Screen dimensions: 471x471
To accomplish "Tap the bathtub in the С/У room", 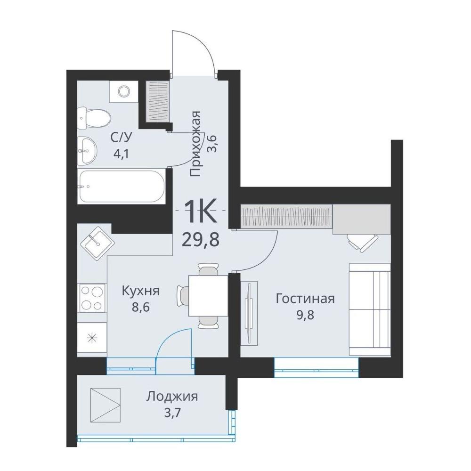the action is click(122, 186).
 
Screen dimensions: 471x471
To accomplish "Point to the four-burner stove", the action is click(92, 298).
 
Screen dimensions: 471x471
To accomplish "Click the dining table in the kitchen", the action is click(208, 296).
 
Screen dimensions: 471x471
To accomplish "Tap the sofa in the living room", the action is click(369, 309).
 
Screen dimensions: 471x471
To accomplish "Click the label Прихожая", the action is click(196, 144).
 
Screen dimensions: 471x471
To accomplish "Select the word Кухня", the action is click(140, 291).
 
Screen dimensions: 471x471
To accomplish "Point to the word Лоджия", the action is click(172, 397).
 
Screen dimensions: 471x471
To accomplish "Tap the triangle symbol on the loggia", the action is click(105, 403).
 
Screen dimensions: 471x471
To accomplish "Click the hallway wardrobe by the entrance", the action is click(157, 102).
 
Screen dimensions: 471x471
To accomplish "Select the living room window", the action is click(317, 367).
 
